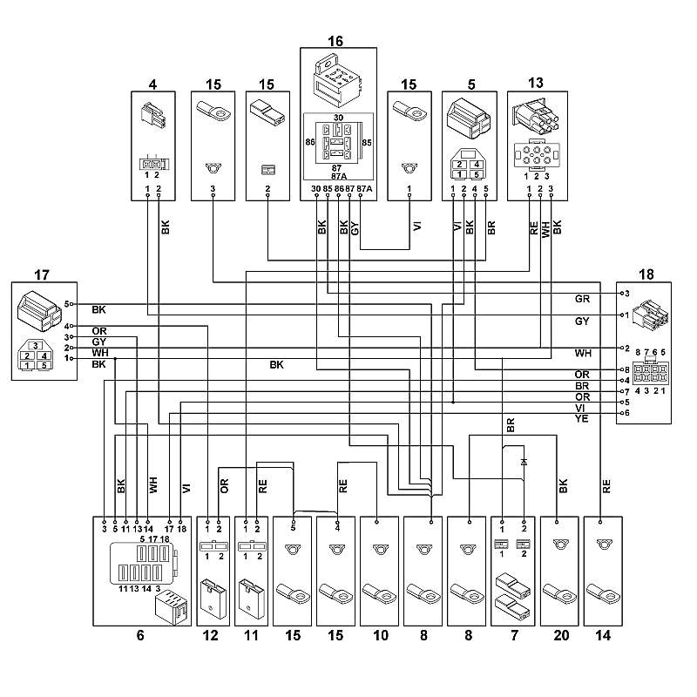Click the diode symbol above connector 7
click(524, 462)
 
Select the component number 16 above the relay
click(335, 41)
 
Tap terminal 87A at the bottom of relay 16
click(361, 195)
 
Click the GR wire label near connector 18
click(582, 299)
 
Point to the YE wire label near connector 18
click(581, 419)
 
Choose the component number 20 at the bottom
click(561, 635)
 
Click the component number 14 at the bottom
click(603, 635)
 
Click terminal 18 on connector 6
click(180, 521)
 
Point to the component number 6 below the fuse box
click(140, 635)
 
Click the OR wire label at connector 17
click(99, 331)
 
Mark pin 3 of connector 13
click(552, 195)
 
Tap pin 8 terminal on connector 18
click(622, 369)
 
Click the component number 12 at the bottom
click(210, 635)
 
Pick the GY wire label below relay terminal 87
click(355, 228)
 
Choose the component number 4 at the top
click(153, 84)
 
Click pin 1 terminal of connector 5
click(453, 195)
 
